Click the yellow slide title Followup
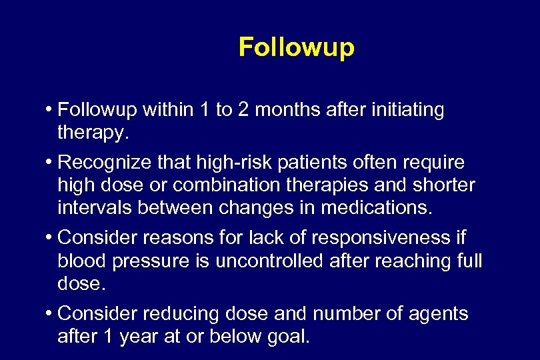click(x=296, y=48)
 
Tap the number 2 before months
click(x=244, y=110)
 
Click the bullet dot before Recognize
click(x=51, y=163)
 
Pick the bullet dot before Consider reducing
click(x=51, y=314)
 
